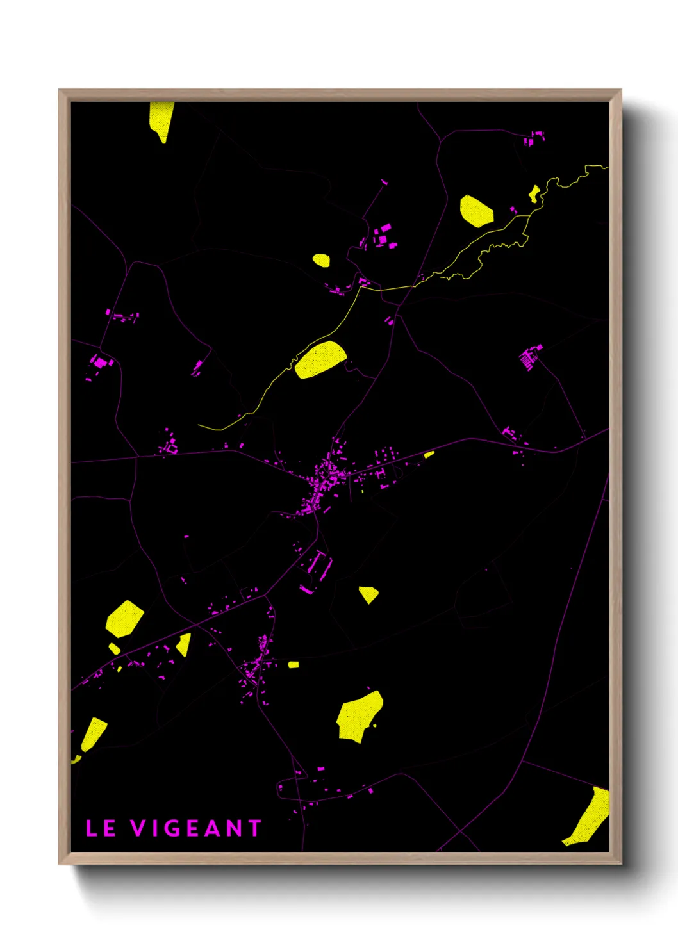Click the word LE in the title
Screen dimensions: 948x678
point(101,828)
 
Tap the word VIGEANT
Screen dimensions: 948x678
point(196,828)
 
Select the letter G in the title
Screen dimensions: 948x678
point(176,828)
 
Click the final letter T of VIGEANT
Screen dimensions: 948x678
point(255,828)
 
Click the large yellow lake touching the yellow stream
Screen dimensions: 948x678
point(320,359)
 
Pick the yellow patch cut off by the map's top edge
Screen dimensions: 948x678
point(161,118)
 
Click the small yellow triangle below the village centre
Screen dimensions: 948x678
point(368,594)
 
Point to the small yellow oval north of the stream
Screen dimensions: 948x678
point(321,260)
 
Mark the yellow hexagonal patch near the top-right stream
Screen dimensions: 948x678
point(476,211)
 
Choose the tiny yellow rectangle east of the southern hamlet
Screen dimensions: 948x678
point(293,664)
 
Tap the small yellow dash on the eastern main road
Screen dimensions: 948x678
point(429,454)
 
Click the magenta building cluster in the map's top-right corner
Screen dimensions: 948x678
point(535,137)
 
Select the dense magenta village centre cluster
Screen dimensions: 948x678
point(324,484)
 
